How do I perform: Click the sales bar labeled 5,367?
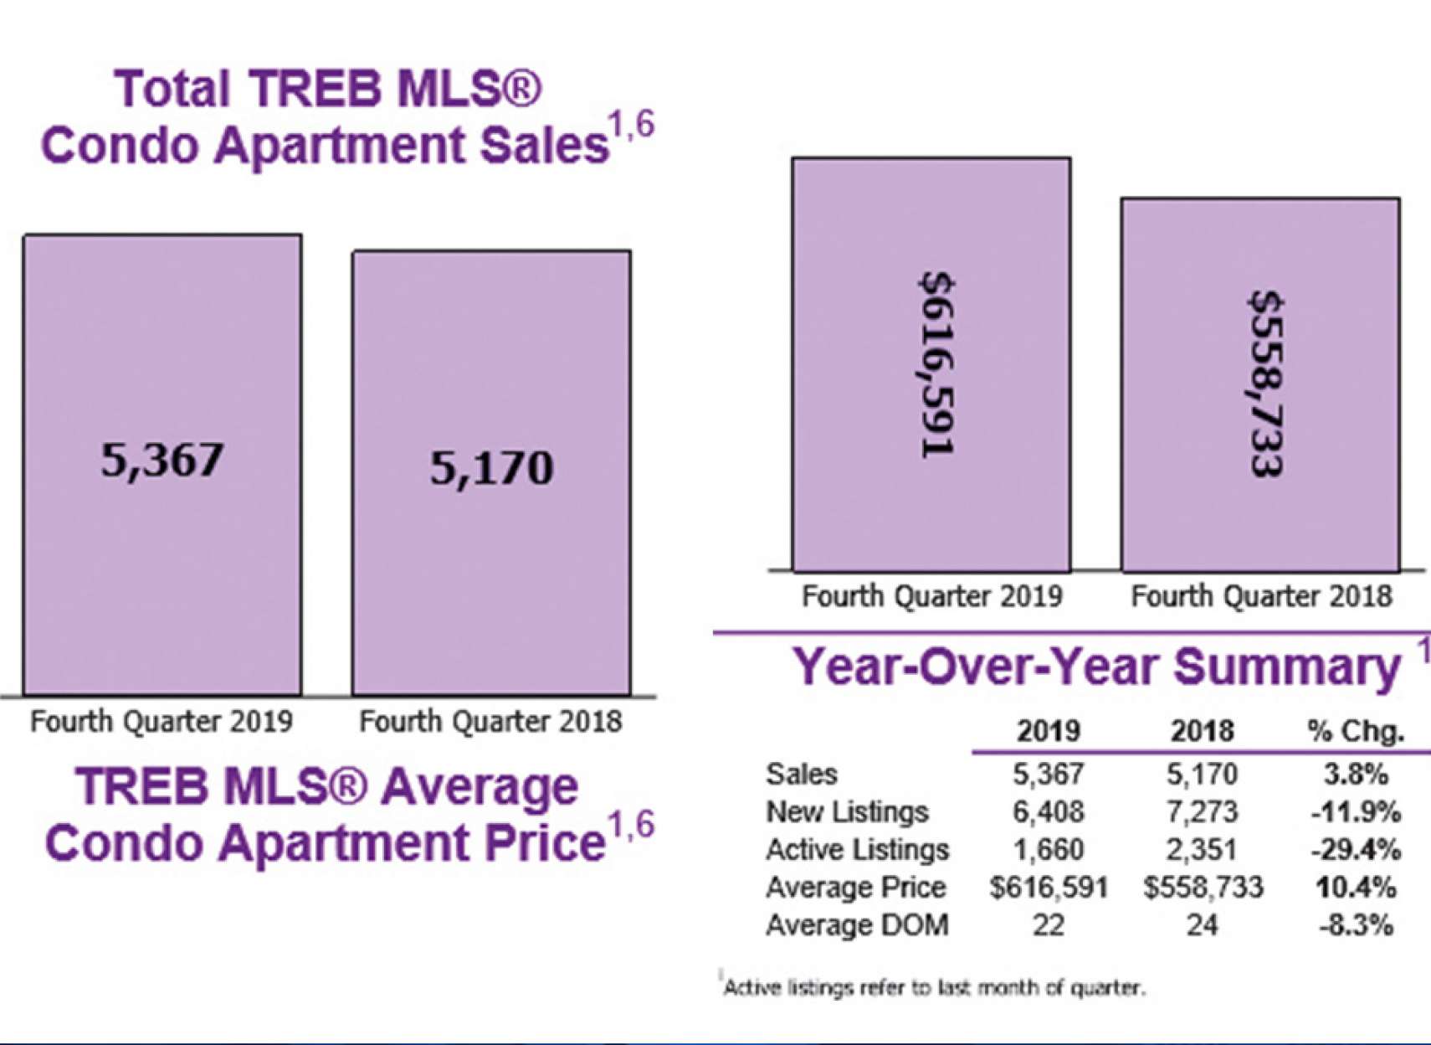tap(162, 465)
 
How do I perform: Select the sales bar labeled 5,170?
tap(491, 472)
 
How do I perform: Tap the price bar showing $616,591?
tap(931, 364)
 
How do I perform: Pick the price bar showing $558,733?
tap(1260, 384)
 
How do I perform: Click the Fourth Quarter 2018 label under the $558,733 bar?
tap(1261, 596)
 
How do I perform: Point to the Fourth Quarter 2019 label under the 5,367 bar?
tap(162, 721)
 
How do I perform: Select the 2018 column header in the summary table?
tap(1202, 732)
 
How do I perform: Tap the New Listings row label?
tap(847, 811)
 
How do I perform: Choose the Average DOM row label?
tap(857, 925)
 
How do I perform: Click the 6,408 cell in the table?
tap(1048, 811)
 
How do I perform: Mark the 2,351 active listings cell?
tap(1202, 850)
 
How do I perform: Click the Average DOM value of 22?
tap(1048, 925)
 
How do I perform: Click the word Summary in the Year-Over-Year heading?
tap(1286, 667)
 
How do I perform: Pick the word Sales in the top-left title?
tap(543, 146)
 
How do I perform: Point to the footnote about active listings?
tap(933, 988)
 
